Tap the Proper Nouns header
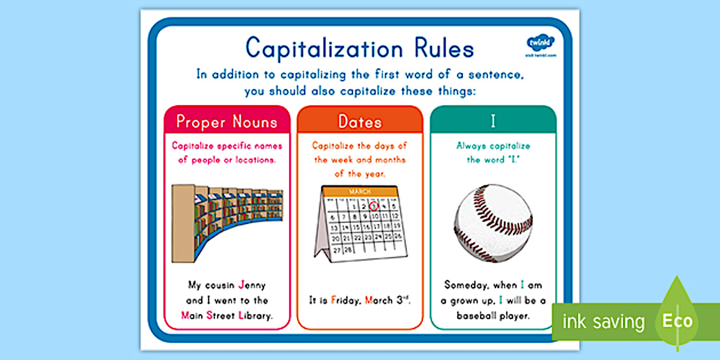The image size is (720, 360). coord(227,121)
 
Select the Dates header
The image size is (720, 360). coord(360,121)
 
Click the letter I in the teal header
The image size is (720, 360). coord(493,121)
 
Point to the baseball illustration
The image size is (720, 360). coord(493,222)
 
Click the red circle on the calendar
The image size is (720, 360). coord(374,206)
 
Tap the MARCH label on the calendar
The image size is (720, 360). coord(359,191)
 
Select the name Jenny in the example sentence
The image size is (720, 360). coord(252,285)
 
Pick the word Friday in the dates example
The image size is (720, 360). coord(345,300)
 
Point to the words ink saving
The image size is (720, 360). coord(603,321)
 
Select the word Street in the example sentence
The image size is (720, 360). coord(219,315)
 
